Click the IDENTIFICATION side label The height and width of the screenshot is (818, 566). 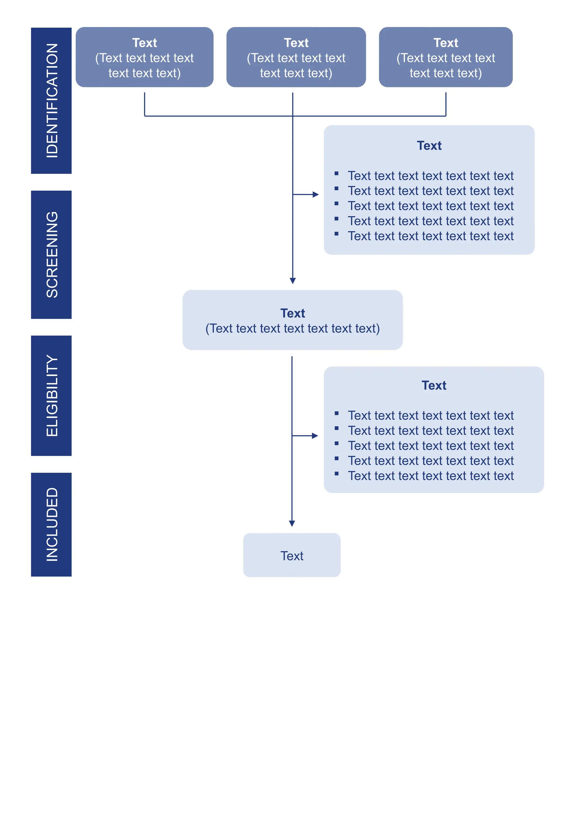pyautogui.click(x=51, y=100)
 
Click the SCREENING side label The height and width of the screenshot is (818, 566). pyautogui.click(x=51, y=254)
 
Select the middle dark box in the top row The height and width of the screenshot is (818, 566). pyautogui.click(x=296, y=57)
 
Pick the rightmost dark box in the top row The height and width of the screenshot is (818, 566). pyautogui.click(x=446, y=57)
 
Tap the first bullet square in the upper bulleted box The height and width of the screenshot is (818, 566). pyautogui.click(x=336, y=173)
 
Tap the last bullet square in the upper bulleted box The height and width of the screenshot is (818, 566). pyautogui.click(x=336, y=234)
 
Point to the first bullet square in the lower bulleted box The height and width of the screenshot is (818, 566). pyautogui.click(x=336, y=413)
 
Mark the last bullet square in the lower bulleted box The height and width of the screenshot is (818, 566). pyautogui.click(x=336, y=474)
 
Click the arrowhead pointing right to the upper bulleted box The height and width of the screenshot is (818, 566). pyautogui.click(x=316, y=194)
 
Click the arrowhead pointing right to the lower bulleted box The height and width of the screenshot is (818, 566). pyautogui.click(x=315, y=436)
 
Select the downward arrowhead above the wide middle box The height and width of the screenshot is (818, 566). pyautogui.click(x=293, y=281)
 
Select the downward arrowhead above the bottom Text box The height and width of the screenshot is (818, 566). pyautogui.click(x=292, y=523)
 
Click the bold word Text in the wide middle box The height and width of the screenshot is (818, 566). pyautogui.click(x=293, y=313)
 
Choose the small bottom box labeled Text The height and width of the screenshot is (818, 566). pyautogui.click(x=292, y=555)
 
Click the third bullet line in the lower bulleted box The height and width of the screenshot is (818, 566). pyautogui.click(x=431, y=446)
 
